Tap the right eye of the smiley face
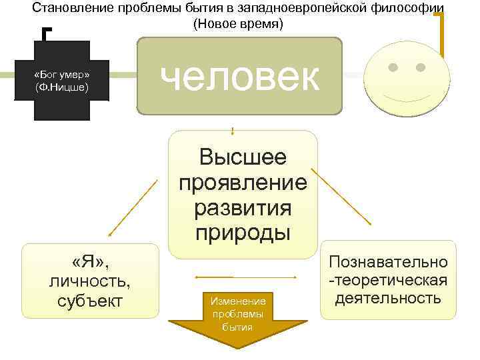coord(421,67)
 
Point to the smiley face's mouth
coord(407,93)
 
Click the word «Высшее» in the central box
coord(243,157)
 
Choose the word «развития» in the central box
coord(243,207)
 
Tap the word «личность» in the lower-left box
coord(91,280)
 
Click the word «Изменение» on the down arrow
coord(237,301)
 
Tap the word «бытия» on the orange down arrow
coord(237,327)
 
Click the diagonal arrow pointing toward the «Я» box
coord(133,207)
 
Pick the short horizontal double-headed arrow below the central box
coord(214,277)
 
